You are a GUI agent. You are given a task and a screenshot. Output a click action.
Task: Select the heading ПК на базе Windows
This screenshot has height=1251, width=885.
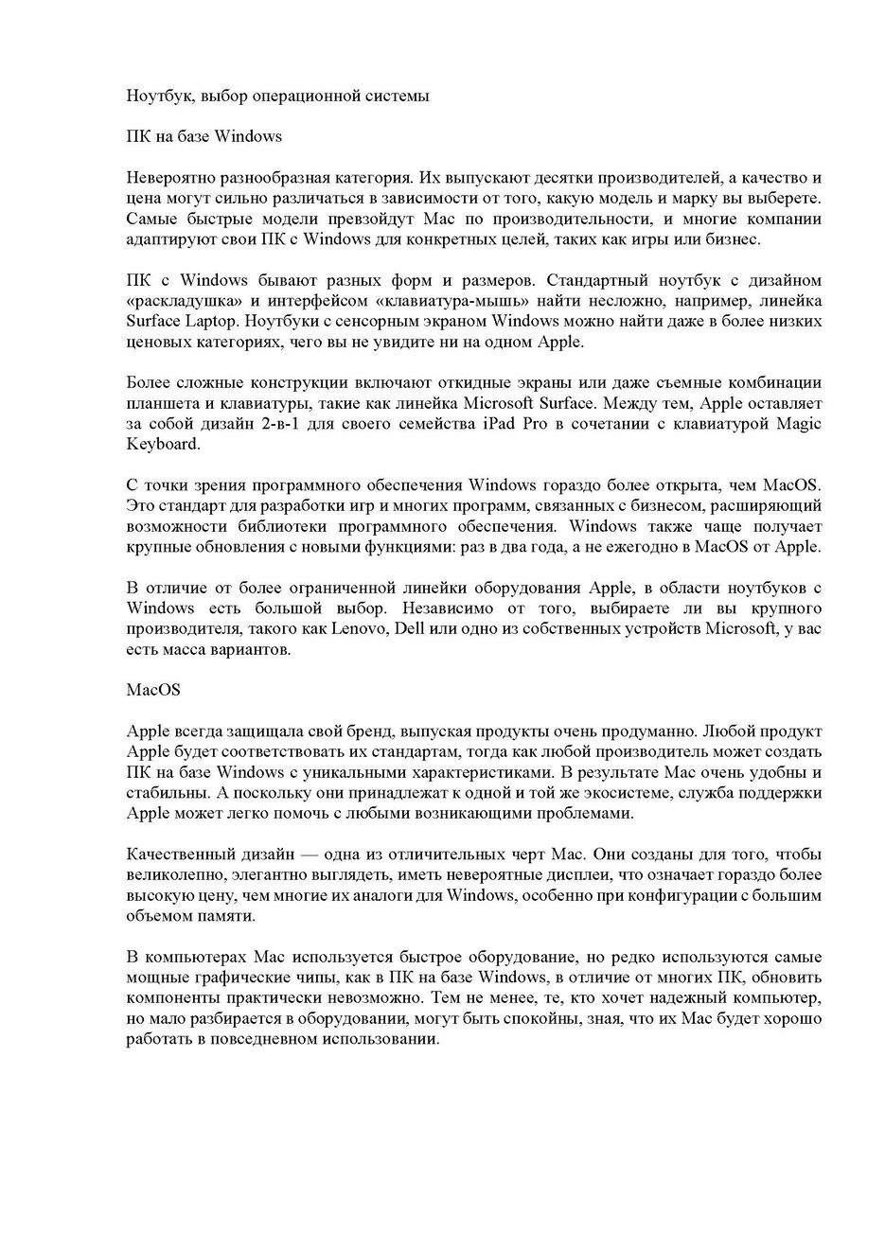click(x=204, y=136)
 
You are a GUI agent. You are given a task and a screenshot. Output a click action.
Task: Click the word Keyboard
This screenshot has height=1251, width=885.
click(x=161, y=445)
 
